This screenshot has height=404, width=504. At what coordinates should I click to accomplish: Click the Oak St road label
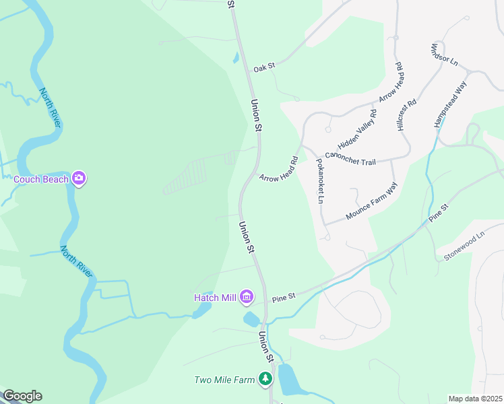pos(265,68)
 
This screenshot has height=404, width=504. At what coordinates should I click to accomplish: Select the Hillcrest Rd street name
pos(407,115)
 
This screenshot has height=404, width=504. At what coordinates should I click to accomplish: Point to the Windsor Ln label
pos(444,55)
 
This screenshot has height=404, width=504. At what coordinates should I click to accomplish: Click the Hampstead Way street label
pos(451,105)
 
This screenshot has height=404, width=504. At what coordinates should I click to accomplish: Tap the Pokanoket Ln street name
pos(320,181)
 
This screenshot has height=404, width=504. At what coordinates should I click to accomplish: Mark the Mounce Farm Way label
pos(372,201)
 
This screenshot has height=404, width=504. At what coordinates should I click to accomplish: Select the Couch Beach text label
pos(42,179)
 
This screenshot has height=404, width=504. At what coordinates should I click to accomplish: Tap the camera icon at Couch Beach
pos(80,178)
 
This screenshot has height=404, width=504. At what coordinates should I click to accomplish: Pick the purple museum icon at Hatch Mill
pos(247,297)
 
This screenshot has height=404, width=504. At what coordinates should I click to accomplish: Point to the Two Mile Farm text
pos(224,380)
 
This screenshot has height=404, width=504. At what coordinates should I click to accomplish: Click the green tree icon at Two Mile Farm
pos(266,380)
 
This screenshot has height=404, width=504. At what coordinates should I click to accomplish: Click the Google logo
pos(22,396)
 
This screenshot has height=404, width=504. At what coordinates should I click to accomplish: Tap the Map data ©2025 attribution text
pos(475,399)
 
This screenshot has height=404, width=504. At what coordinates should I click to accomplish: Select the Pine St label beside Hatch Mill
pos(284,297)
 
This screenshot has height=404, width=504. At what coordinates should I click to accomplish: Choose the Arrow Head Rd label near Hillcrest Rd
pos(391,83)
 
